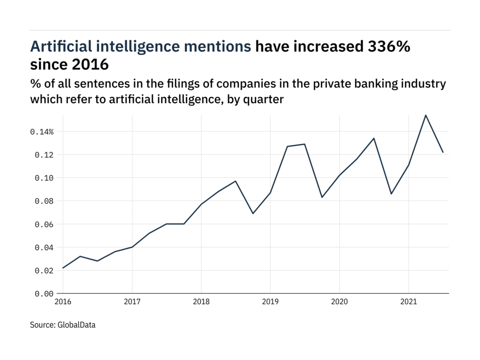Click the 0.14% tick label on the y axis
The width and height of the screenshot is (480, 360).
click(x=42, y=132)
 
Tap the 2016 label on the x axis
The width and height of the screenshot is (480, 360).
click(x=63, y=302)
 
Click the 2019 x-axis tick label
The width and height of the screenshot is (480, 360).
click(x=270, y=302)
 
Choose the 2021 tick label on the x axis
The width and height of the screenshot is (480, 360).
click(x=408, y=302)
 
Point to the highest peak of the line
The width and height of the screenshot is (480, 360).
click(x=426, y=115)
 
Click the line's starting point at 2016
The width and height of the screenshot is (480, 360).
click(x=63, y=268)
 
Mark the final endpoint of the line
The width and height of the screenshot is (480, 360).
click(x=443, y=152)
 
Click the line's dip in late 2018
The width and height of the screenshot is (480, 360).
click(x=253, y=213)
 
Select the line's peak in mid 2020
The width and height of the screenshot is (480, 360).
click(x=374, y=138)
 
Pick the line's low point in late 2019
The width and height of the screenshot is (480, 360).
click(x=322, y=197)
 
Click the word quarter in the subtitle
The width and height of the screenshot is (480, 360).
click(x=267, y=99)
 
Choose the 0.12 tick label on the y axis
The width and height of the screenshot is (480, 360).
click(x=44, y=155)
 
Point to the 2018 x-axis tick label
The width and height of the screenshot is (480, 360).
click(x=201, y=302)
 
